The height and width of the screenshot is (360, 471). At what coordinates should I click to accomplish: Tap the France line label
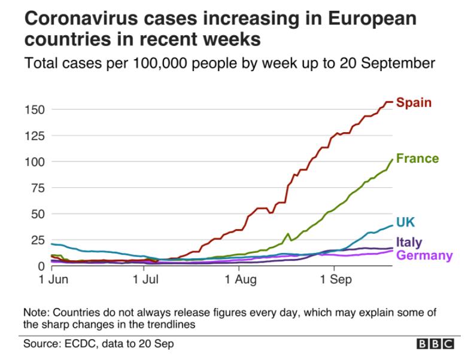417,158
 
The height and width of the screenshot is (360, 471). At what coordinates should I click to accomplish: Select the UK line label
406,222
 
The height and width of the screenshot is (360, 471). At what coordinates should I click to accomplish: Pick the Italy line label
409,243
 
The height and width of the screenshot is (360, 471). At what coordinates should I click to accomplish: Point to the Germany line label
424,255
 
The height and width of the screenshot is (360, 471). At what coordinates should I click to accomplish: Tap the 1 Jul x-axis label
145,279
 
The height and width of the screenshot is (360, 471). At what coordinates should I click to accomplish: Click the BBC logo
435,344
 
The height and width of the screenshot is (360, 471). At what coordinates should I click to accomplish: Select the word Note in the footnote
36,313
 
